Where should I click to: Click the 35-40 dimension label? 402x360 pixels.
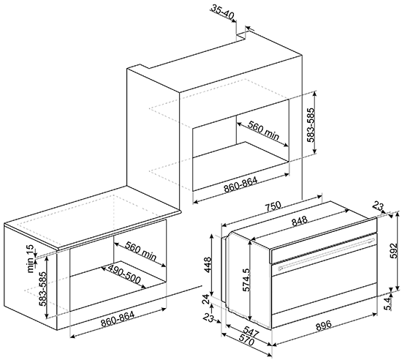click(222, 12)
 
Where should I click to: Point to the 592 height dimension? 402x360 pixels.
click(394, 251)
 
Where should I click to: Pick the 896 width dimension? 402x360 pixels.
click(324, 325)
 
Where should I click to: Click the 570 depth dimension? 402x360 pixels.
click(246, 341)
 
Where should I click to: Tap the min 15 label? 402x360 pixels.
click(31, 259)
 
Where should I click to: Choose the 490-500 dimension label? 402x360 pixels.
click(124, 274)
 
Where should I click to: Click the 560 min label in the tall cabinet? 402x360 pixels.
click(263, 130)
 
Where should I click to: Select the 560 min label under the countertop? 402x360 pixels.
click(140, 251)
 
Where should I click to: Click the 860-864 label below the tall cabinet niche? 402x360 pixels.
click(240, 184)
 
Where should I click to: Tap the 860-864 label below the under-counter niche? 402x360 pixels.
click(117, 319)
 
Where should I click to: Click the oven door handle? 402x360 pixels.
click(326, 253)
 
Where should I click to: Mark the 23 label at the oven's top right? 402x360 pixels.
click(378, 206)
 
